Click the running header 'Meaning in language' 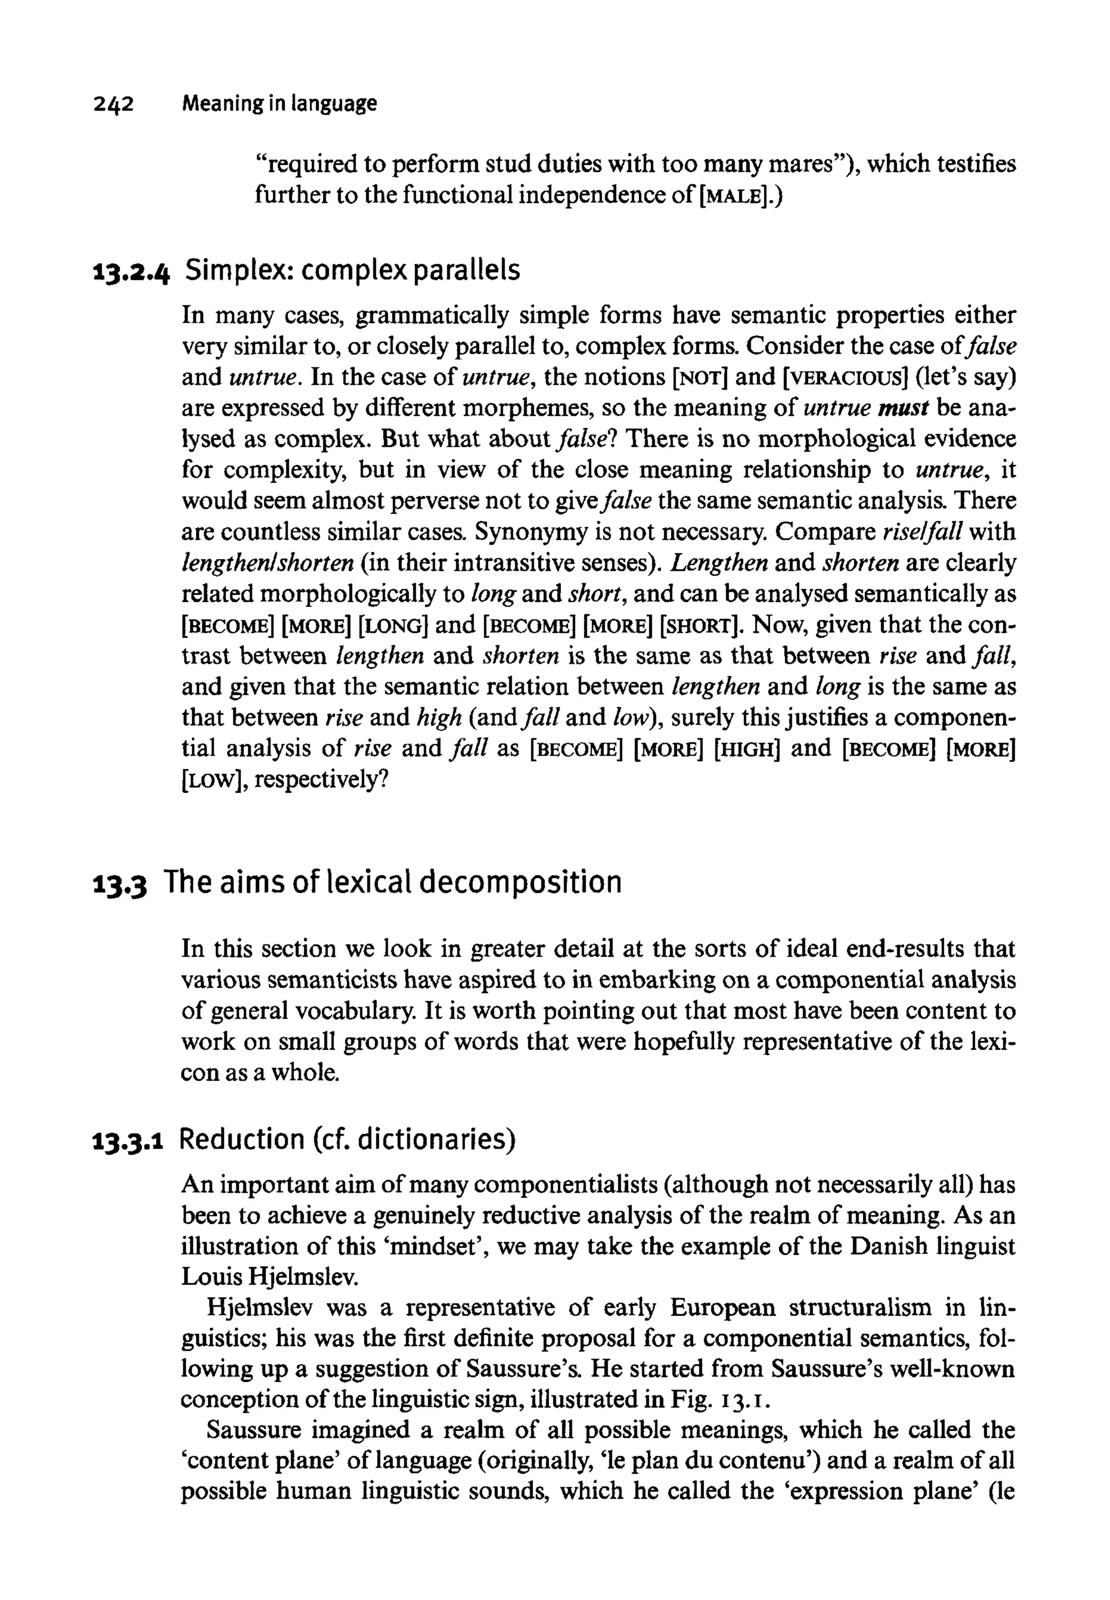[x=279, y=104]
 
